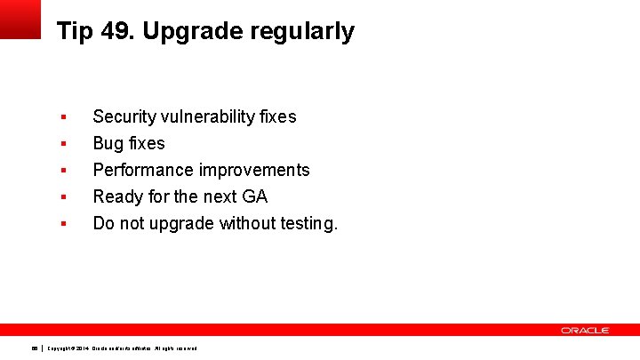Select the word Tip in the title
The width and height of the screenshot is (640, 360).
73,32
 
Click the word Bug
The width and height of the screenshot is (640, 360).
109,144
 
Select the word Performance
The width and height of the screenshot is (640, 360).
143,170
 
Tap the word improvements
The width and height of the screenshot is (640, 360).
254,170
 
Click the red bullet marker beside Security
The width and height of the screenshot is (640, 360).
63,116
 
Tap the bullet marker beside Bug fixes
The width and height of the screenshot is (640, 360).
63,143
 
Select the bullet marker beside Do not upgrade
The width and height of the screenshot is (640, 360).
63,223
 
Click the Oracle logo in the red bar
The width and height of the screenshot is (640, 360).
584,330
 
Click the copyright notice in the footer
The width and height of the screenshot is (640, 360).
122,348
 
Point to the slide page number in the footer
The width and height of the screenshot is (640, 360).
35,348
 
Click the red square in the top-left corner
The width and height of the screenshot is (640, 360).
20,19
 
